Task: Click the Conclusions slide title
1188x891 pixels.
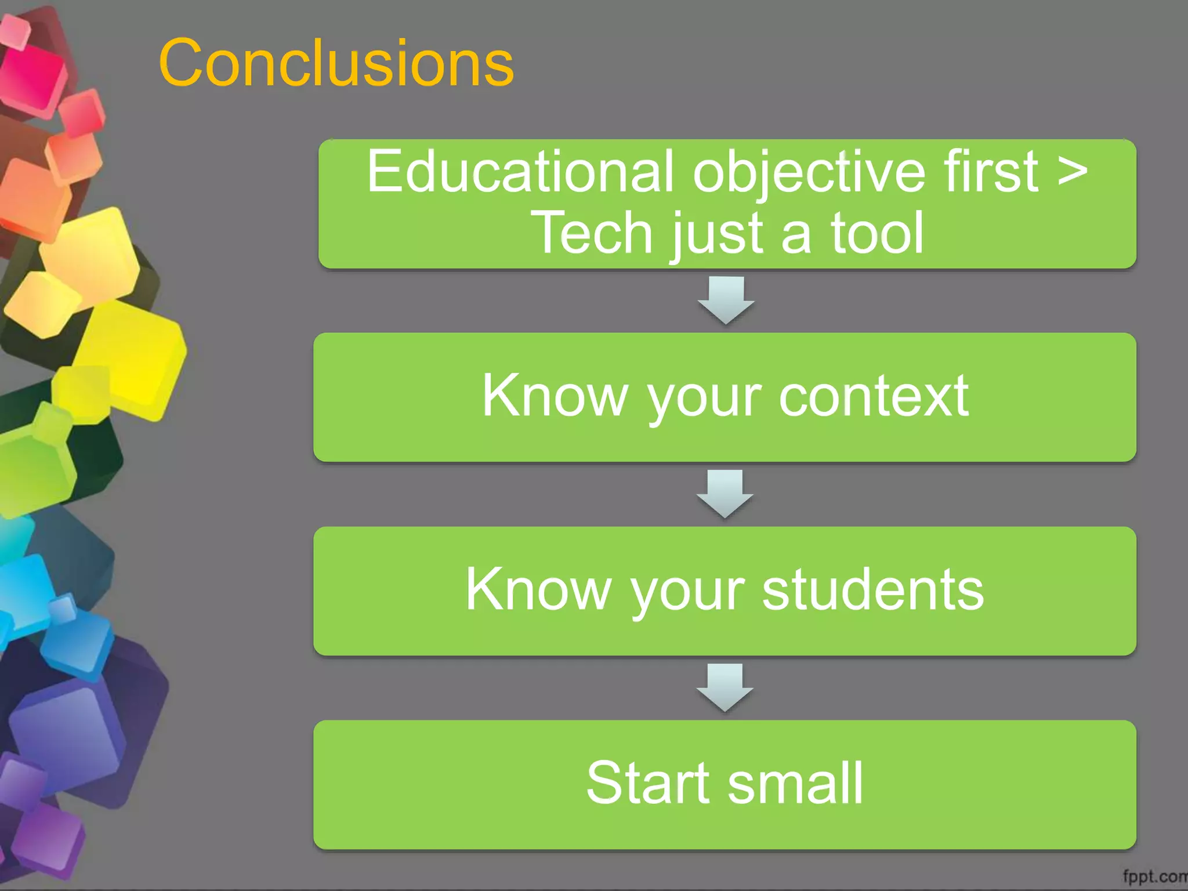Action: tap(336, 63)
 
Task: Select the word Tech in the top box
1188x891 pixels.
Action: tap(592, 233)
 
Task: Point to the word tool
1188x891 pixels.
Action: tap(877, 233)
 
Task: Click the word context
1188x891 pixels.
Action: tap(873, 396)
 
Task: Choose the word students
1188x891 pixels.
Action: tap(872, 589)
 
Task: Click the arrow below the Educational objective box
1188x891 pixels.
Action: tap(726, 300)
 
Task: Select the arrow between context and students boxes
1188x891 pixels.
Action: tap(725, 494)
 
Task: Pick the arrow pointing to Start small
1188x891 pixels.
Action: tap(725, 687)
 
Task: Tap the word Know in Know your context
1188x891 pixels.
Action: tap(555, 396)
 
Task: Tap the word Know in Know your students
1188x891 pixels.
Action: tap(538, 589)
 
